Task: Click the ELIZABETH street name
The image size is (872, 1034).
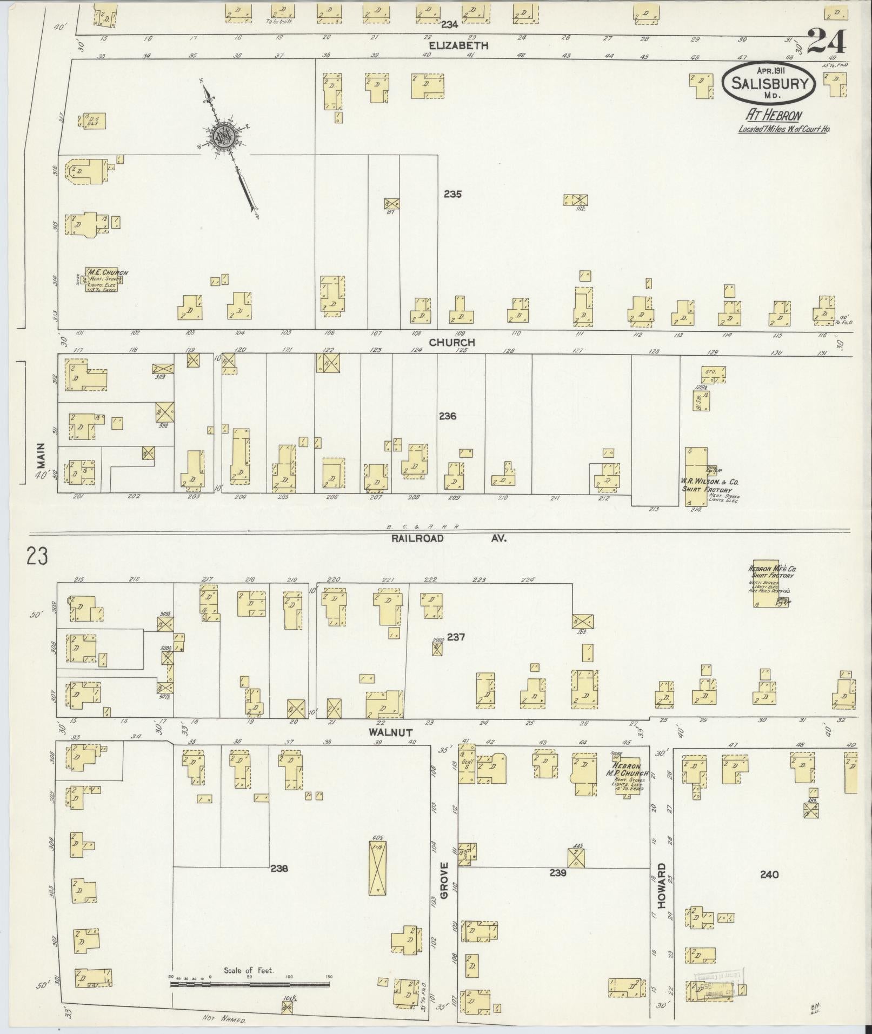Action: click(x=458, y=46)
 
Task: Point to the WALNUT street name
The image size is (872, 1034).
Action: click(x=391, y=732)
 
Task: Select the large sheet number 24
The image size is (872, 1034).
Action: click(x=827, y=42)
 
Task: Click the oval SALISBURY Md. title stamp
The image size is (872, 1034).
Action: click(x=770, y=83)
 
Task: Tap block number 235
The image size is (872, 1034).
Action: click(x=452, y=194)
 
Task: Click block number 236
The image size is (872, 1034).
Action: click(x=448, y=416)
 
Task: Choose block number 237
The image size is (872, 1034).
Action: click(x=456, y=637)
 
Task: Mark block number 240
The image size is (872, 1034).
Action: click(x=769, y=874)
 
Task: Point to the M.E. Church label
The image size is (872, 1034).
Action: click(x=108, y=273)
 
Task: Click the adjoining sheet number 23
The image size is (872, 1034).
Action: click(x=37, y=556)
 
